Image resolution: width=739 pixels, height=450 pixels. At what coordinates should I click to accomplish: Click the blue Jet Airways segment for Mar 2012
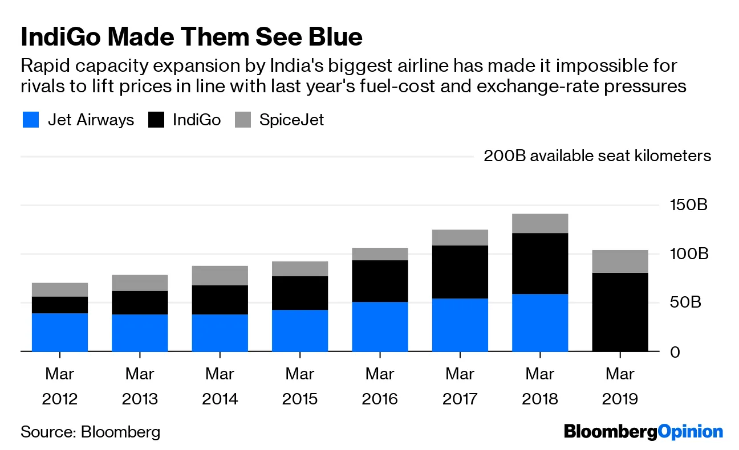point(60,332)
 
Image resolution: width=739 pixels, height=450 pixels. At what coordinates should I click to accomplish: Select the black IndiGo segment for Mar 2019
point(620,312)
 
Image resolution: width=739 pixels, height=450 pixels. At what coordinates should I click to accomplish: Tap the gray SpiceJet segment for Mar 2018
point(540,223)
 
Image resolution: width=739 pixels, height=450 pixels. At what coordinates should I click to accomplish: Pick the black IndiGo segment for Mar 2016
point(380,281)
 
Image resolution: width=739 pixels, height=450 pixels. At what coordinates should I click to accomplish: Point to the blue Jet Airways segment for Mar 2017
point(460,325)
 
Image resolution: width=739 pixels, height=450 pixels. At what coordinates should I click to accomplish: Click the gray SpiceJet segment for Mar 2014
point(220,276)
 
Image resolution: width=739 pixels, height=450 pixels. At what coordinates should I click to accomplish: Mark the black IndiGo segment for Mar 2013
point(140,302)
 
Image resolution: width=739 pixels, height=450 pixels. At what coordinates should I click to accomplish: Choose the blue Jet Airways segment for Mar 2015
point(300,330)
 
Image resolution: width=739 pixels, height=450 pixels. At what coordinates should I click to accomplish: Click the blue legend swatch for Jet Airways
point(30,120)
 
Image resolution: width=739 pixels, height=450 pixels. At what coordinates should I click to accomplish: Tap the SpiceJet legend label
point(291,120)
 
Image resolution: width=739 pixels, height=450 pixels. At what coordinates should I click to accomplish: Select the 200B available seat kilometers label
point(597,156)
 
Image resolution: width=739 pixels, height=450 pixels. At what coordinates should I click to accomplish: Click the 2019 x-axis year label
point(620,398)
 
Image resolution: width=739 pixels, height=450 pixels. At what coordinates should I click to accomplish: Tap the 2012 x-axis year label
point(60,398)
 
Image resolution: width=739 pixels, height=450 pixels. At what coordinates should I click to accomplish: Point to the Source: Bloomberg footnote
point(91,432)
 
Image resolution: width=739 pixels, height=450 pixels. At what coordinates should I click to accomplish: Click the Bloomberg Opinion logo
point(643,432)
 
